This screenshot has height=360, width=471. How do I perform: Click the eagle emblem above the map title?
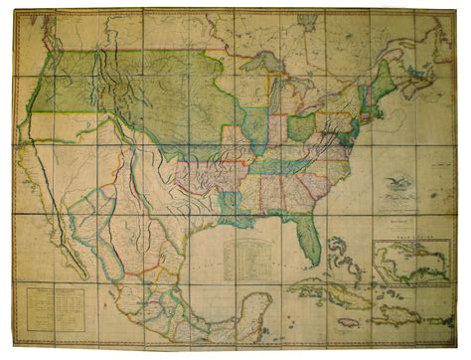(397, 183)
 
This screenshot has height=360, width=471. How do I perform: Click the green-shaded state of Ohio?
(301, 127)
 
